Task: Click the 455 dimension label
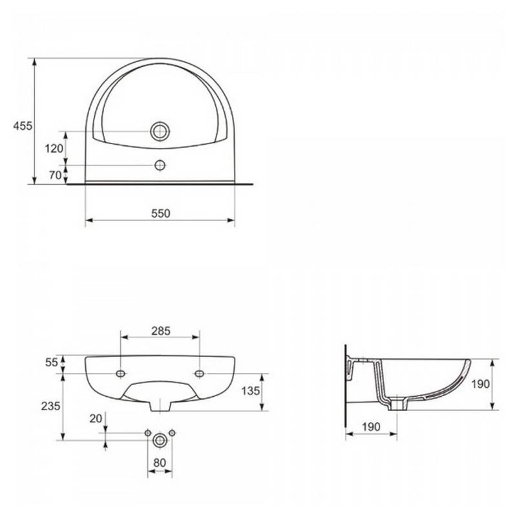tap(23, 125)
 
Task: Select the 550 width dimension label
tap(161, 214)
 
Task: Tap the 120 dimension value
tap(54, 149)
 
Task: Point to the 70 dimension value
tap(56, 175)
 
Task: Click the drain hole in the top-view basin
tap(160, 131)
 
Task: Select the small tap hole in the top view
tap(160, 165)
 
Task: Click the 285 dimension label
tap(161, 331)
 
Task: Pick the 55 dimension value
tap(52, 363)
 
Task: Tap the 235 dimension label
tap(51, 406)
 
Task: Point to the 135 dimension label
tap(251, 391)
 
